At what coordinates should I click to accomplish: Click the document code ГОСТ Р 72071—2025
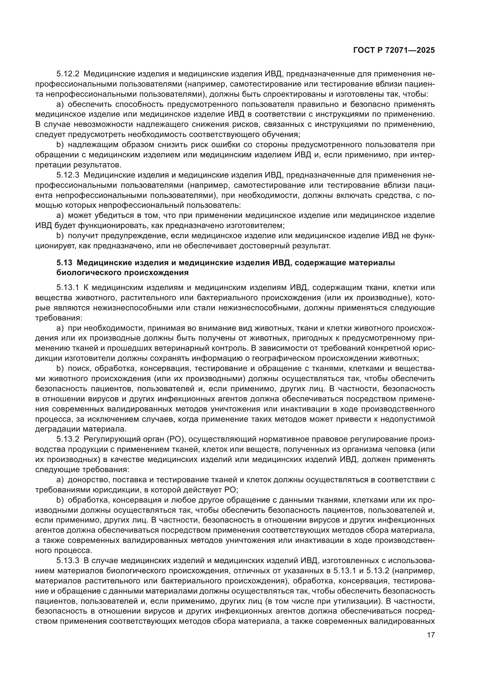(394, 50)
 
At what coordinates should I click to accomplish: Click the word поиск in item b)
(79, 369)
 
